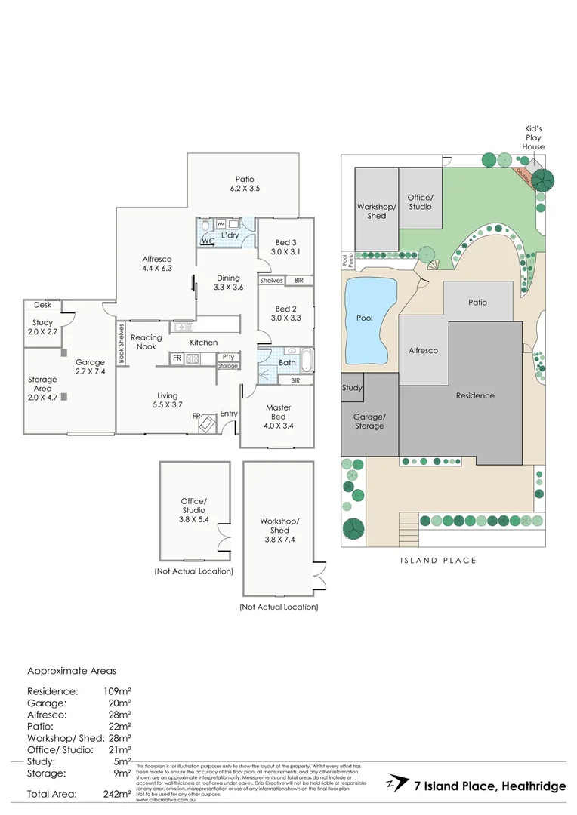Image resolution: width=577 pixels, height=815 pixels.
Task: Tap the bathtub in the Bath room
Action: point(305,361)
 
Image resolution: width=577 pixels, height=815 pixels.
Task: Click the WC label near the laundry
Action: point(208,241)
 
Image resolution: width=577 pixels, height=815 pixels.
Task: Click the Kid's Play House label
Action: point(535,138)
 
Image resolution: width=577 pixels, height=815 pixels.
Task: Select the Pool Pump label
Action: point(346,260)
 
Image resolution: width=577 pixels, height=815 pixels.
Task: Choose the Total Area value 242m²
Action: point(117,794)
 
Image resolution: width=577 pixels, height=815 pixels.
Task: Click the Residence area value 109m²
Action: point(117,691)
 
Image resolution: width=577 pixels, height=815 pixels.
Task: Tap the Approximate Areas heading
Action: point(72,670)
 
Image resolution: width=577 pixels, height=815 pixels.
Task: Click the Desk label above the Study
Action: point(42,305)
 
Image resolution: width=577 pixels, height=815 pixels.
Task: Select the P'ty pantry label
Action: point(227,357)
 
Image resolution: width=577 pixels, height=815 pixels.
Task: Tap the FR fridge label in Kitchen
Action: point(176,358)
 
